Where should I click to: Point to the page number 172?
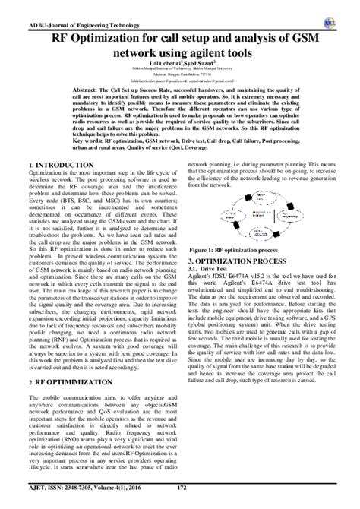click(181, 497)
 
